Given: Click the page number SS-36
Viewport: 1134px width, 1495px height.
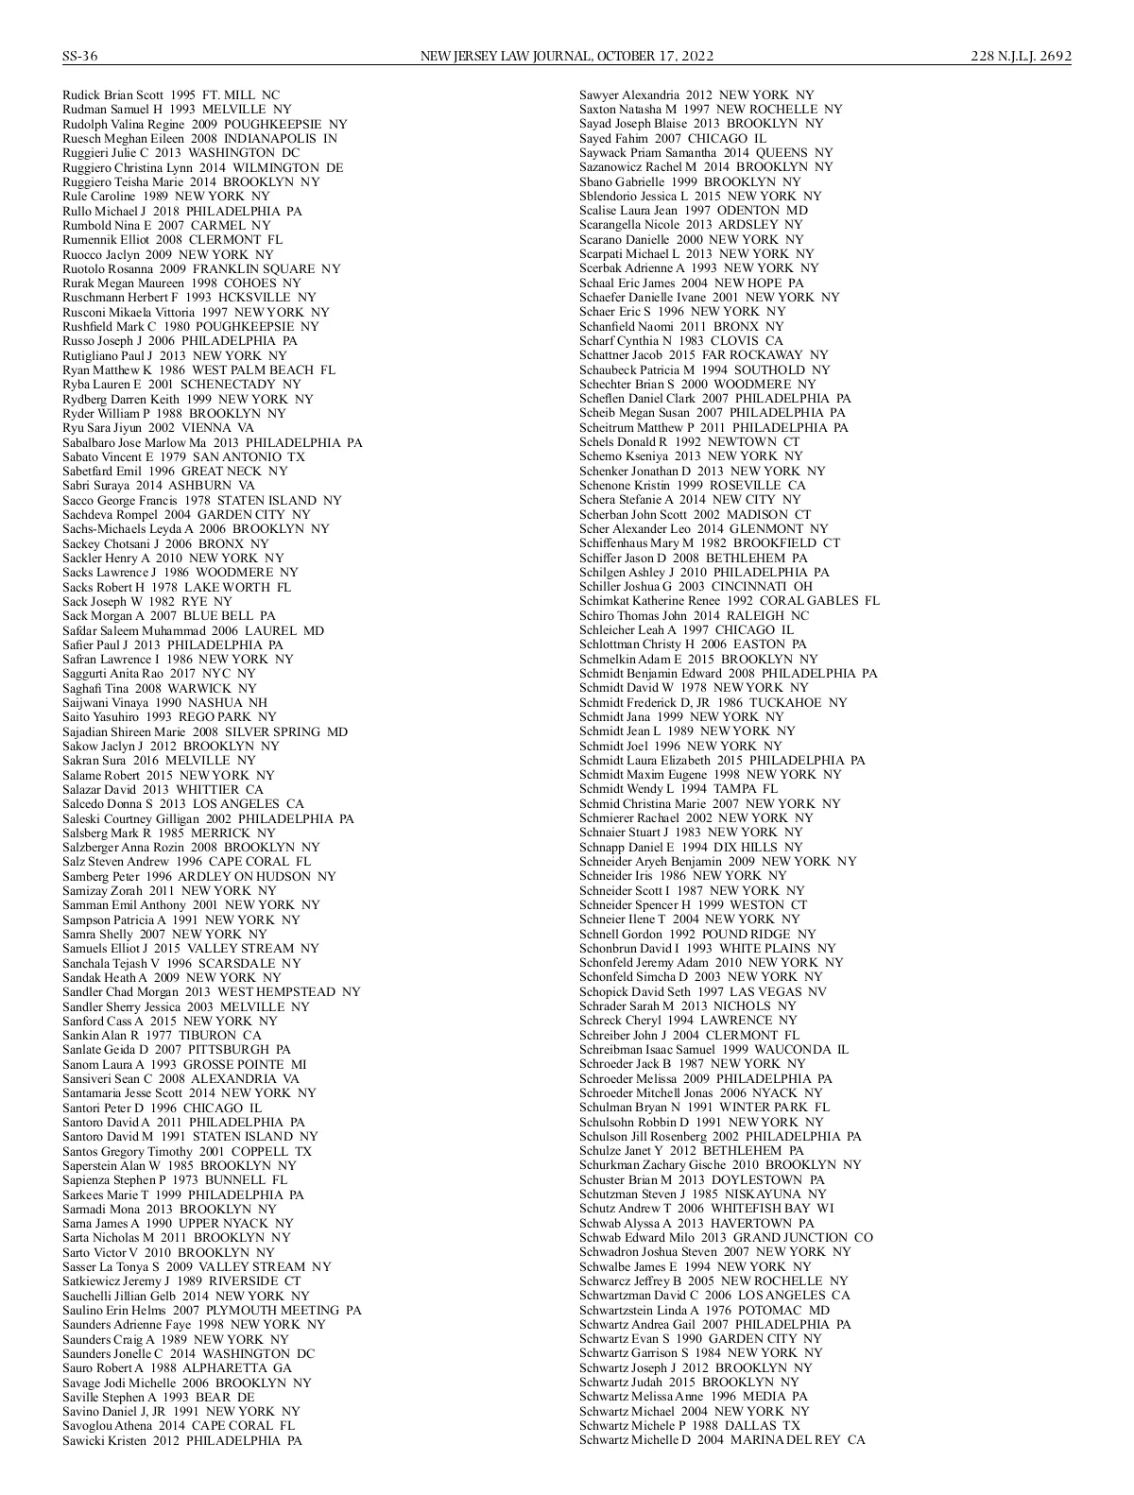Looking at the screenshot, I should tap(80, 56).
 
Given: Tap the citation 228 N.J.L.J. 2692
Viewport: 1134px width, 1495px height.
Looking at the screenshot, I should tap(1022, 56).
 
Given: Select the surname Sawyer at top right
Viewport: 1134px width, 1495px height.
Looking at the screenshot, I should tap(600, 95).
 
